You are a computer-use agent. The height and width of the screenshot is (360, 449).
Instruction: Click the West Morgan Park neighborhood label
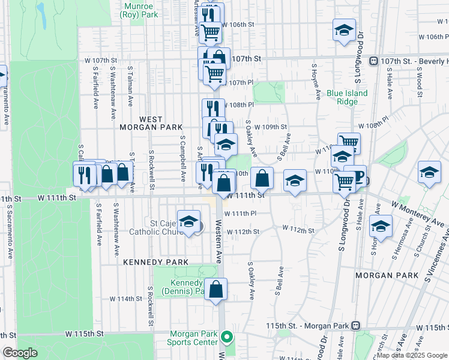click(x=142, y=123)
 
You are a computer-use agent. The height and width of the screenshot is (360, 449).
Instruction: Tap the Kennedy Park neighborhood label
click(x=155, y=262)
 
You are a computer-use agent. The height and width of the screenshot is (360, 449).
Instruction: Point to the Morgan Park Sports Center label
click(x=193, y=338)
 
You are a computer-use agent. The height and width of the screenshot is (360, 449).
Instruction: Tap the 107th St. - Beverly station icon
click(x=373, y=61)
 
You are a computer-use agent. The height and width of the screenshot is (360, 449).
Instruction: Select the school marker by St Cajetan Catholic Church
click(x=188, y=222)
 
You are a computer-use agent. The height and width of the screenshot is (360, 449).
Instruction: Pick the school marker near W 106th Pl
click(x=343, y=31)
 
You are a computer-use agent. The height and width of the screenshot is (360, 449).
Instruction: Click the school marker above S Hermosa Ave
click(x=381, y=226)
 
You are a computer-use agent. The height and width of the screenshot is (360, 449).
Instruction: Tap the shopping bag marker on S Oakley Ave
click(x=262, y=178)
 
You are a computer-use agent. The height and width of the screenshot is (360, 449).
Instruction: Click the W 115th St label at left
click(x=85, y=333)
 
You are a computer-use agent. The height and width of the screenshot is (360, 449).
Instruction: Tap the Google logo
click(x=20, y=353)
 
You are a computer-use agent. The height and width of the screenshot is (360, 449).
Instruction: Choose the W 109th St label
click(x=270, y=127)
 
